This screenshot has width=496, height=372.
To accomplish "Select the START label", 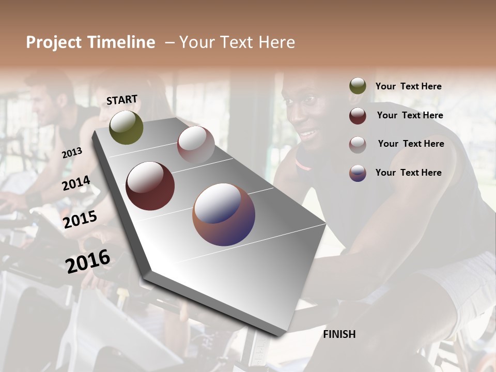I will [122, 100].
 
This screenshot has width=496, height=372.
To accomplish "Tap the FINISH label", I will [339, 334].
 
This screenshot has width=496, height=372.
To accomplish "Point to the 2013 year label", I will [72, 153].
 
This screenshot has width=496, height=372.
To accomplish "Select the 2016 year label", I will [88, 261].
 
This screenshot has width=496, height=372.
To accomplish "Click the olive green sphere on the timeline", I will [126, 128].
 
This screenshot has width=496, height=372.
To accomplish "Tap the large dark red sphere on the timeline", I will [150, 186].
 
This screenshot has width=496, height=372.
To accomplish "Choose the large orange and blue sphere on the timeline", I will [224, 214].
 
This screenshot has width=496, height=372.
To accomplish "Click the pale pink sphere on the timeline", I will [196, 144].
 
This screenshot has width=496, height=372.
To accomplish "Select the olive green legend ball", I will [358, 86].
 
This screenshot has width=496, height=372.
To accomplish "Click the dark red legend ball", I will [358, 116].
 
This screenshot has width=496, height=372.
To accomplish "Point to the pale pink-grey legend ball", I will [358, 145].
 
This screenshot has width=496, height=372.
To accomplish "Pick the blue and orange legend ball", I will [358, 173].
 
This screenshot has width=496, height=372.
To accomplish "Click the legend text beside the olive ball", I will [408, 86].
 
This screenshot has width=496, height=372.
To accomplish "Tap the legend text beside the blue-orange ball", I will [408, 173].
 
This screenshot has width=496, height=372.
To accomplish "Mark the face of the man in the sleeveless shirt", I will [307, 119].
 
